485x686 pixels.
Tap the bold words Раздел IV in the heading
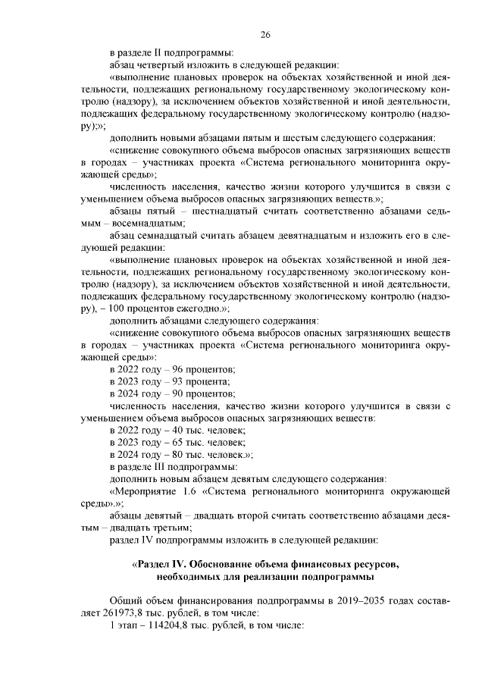(x=161, y=565)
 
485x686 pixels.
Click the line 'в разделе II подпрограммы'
(x=171, y=52)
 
